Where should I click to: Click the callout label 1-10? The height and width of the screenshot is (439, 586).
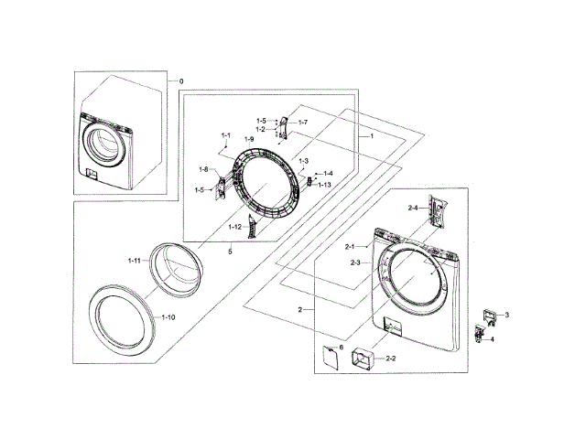(x=168, y=316)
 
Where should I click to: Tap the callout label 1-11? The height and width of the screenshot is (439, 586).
(x=134, y=261)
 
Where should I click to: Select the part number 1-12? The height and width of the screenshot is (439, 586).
(x=235, y=226)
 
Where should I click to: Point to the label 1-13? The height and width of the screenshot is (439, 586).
(x=324, y=185)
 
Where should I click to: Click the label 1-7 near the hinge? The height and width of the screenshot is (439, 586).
(x=302, y=123)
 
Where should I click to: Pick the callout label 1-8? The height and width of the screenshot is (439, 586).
(x=203, y=168)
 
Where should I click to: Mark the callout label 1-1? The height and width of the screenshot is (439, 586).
(x=225, y=135)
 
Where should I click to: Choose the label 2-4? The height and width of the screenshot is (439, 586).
(x=413, y=209)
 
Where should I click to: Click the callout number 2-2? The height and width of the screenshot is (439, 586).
(x=390, y=357)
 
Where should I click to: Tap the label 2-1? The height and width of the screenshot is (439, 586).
(x=350, y=247)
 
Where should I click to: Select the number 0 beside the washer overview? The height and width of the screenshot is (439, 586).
(x=181, y=81)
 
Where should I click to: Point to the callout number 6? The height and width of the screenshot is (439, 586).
(x=341, y=348)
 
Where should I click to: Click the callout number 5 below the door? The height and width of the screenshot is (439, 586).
(x=230, y=252)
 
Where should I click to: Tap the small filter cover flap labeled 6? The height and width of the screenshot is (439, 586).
(x=327, y=359)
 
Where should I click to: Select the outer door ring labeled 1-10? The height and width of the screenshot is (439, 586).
(x=125, y=326)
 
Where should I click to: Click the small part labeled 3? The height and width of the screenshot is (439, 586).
(x=489, y=316)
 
